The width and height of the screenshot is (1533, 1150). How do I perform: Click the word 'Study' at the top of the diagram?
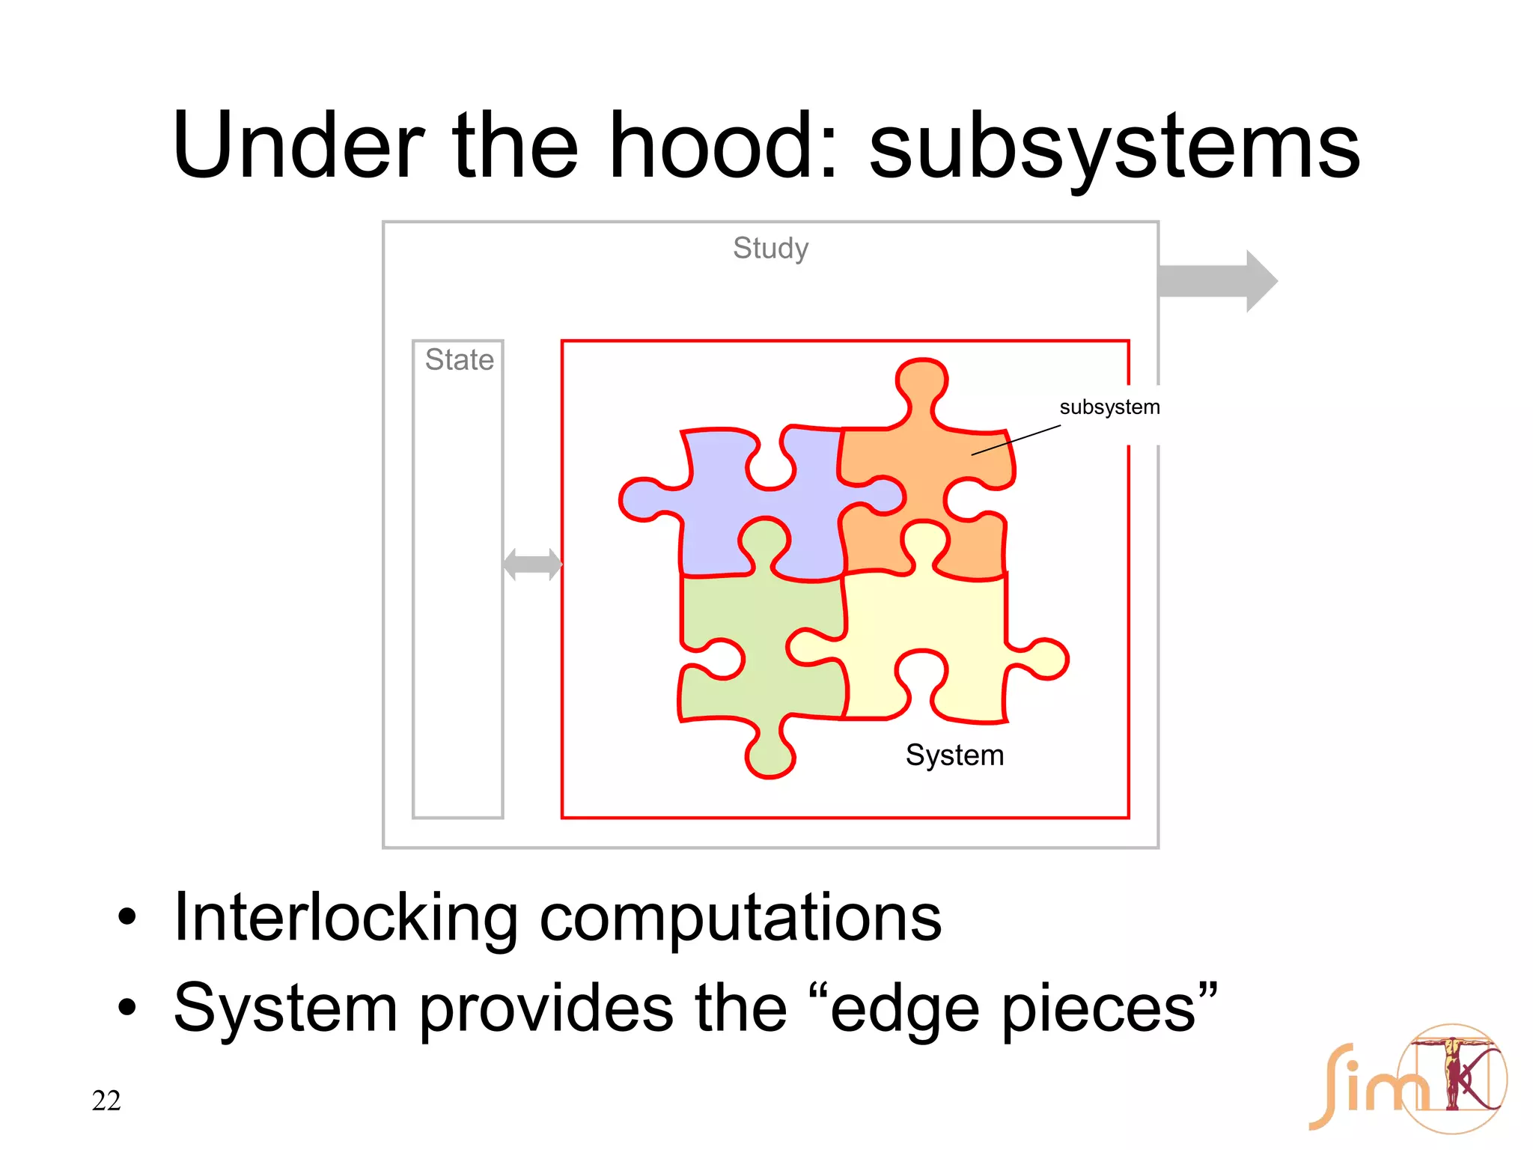[770, 249]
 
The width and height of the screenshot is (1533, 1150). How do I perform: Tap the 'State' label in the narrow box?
[459, 360]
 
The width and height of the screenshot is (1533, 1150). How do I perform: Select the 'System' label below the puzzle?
[954, 755]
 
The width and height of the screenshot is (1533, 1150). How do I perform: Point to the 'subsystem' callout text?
[1109, 407]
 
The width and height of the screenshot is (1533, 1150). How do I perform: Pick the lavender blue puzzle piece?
[756, 524]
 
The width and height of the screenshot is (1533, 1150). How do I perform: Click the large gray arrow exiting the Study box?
[1216, 282]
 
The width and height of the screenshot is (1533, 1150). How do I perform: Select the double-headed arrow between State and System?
[532, 564]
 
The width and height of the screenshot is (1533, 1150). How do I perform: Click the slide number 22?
[106, 1101]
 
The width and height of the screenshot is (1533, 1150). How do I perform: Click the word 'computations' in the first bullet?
[740, 919]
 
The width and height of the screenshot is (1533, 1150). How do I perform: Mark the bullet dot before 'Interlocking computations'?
[127, 917]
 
